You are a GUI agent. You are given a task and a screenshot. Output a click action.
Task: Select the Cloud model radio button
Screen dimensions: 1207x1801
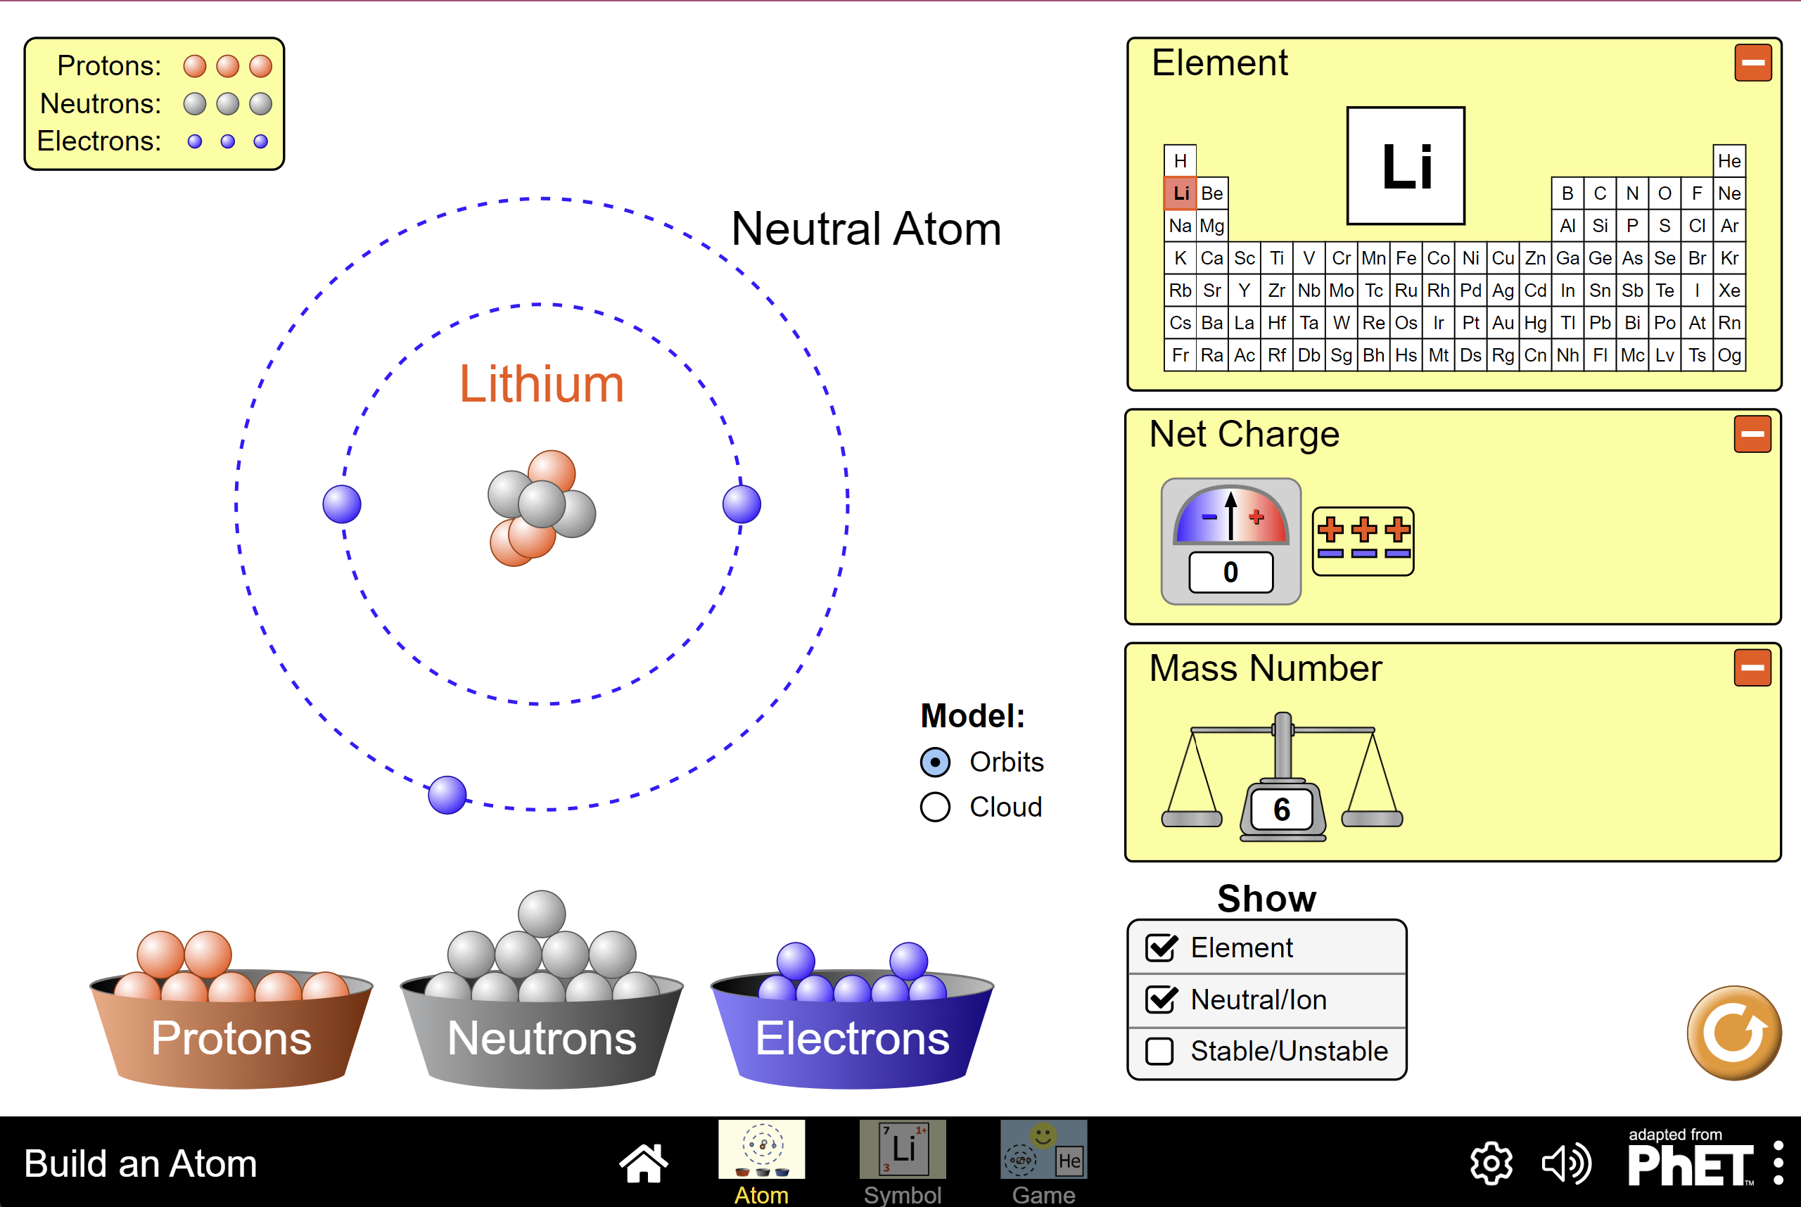point(936,807)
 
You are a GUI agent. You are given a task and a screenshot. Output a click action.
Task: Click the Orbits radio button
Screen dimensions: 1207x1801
point(936,762)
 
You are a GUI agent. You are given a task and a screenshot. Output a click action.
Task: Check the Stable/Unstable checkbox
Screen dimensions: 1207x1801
point(1159,1052)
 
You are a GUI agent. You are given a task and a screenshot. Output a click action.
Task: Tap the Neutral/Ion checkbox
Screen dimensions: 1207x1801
point(1159,1000)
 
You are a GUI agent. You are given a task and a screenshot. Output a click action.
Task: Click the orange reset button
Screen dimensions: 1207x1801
point(1734,1033)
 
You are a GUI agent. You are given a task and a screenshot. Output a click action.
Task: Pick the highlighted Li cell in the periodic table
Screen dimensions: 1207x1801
point(1180,193)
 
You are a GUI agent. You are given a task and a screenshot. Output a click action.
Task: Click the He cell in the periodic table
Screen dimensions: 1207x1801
point(1729,161)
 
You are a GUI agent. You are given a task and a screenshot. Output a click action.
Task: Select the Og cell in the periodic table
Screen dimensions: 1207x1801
point(1729,355)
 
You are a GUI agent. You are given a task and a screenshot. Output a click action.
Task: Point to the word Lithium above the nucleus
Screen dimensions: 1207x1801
point(541,384)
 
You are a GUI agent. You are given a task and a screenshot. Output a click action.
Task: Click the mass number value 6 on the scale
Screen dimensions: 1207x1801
point(1281,809)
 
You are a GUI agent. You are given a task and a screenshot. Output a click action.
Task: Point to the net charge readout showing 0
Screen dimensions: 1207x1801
point(1230,572)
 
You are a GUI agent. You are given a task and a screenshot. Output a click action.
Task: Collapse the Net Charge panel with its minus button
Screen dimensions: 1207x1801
point(1752,434)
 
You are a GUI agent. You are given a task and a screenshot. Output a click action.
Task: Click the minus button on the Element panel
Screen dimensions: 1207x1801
point(1752,63)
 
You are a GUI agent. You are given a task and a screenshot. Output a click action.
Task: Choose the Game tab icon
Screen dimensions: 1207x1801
point(1043,1150)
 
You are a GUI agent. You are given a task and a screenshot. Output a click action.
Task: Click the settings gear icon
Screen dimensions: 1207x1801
point(1491,1163)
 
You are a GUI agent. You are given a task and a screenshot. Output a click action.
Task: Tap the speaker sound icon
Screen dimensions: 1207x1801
point(1566,1163)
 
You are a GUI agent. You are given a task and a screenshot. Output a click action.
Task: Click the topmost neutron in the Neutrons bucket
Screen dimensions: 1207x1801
point(542,914)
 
